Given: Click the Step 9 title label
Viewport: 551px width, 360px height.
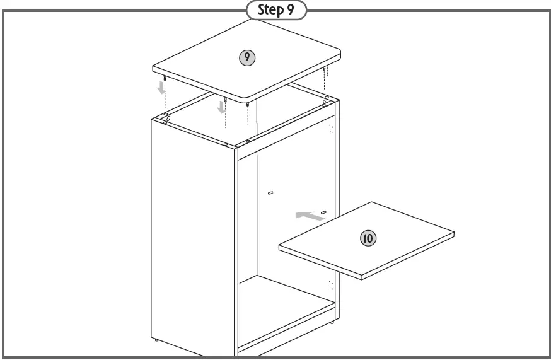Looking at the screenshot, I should (x=275, y=11).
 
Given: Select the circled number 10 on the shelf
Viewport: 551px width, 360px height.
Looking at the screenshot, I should (x=368, y=238).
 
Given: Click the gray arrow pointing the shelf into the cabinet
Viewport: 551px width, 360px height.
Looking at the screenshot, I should (x=307, y=216).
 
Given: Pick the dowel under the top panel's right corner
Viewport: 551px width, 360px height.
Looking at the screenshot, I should (x=324, y=69).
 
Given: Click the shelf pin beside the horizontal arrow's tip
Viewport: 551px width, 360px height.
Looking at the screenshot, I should (x=323, y=212).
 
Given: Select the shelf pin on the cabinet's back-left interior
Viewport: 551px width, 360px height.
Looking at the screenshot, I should (x=270, y=193).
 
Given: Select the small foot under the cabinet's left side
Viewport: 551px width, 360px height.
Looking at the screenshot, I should (x=156, y=340).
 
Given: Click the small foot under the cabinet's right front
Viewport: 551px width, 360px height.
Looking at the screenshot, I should (x=333, y=323).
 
